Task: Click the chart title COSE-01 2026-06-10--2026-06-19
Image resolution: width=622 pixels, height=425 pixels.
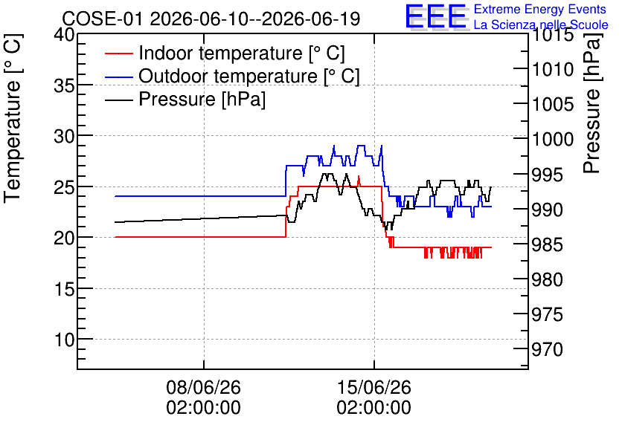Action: (x=211, y=19)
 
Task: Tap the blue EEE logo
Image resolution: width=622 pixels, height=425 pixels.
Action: (x=436, y=16)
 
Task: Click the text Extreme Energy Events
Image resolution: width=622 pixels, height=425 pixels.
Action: (x=540, y=9)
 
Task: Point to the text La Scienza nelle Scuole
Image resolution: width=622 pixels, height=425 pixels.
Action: (x=541, y=25)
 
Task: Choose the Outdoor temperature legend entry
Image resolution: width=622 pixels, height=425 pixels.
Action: (x=232, y=76)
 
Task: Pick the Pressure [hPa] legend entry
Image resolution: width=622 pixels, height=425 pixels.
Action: (x=185, y=99)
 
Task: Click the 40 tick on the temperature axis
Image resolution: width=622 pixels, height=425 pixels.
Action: (x=64, y=34)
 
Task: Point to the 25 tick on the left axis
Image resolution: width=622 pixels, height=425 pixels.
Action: (x=64, y=186)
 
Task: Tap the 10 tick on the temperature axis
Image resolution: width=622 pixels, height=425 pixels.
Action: (x=64, y=340)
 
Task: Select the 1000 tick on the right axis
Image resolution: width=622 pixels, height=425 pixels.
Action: (x=553, y=139)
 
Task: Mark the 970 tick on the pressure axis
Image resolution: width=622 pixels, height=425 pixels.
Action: (x=548, y=349)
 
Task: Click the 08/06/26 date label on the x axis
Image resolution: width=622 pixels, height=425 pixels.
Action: (x=204, y=387)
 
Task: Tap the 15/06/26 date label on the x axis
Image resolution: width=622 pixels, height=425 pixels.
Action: (x=374, y=387)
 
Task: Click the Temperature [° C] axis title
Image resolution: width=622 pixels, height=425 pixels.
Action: (x=13, y=118)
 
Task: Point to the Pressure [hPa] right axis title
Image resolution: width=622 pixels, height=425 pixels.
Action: (x=592, y=103)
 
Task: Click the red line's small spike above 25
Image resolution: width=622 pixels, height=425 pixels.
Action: (x=359, y=181)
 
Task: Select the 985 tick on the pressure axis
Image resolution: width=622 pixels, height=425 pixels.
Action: (x=548, y=244)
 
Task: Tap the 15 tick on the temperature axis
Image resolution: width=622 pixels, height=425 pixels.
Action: (x=64, y=289)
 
